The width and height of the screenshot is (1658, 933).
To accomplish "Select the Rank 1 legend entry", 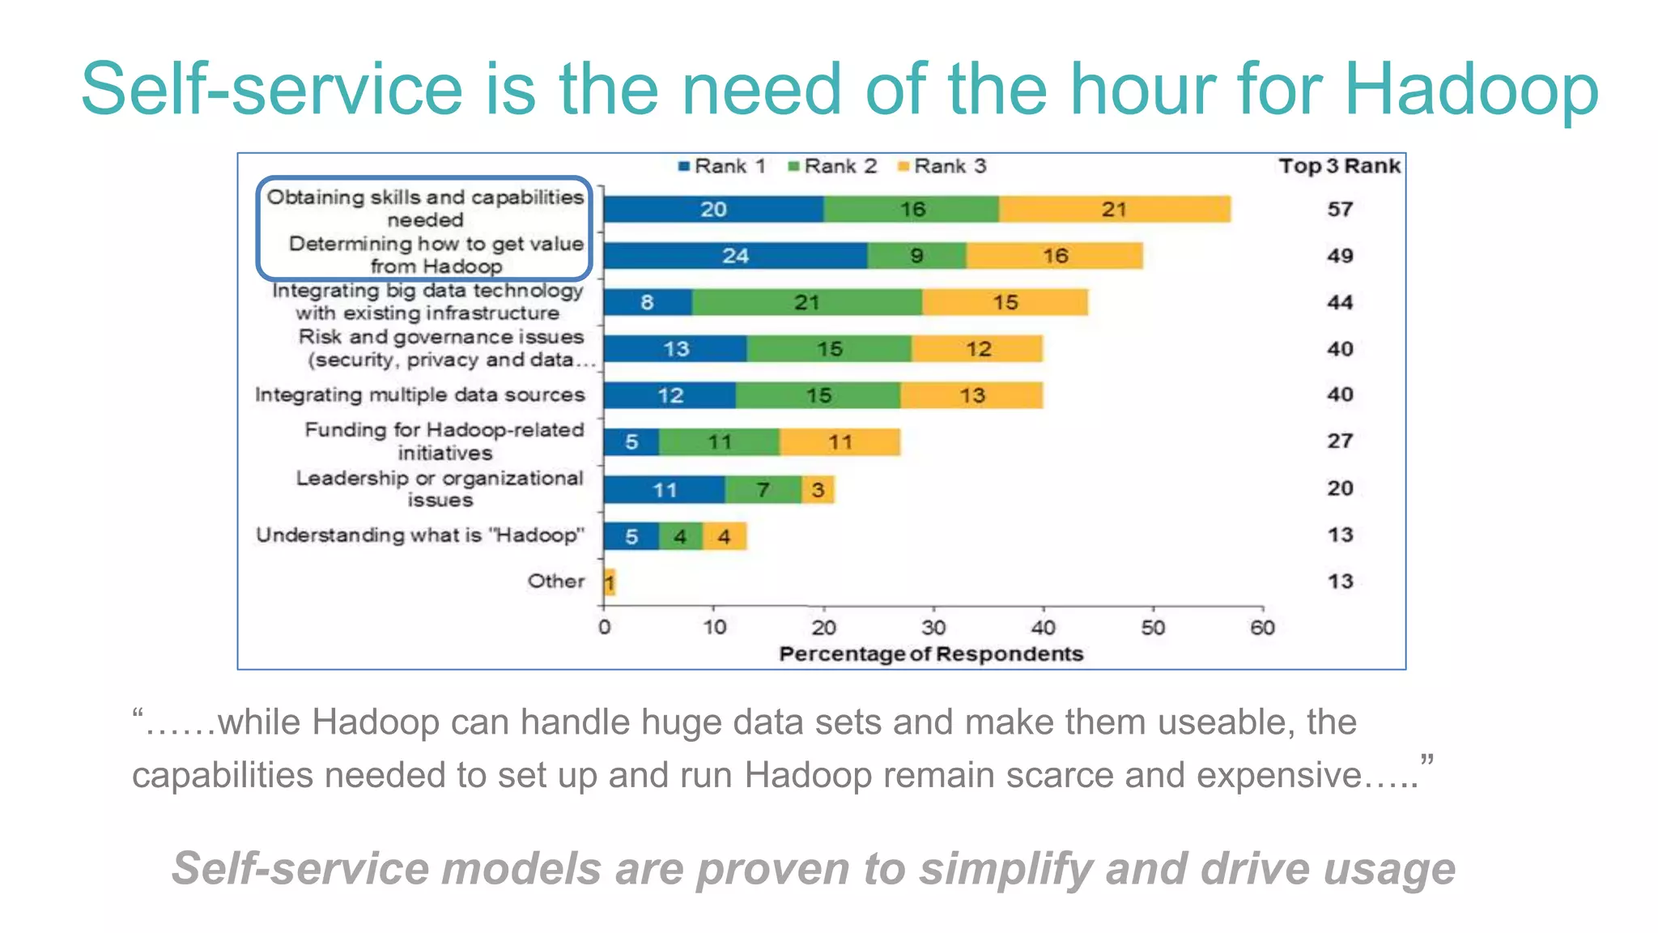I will click(721, 167).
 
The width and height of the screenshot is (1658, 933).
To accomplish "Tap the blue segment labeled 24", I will click(735, 256).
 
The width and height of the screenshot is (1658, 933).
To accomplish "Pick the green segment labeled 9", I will click(916, 256).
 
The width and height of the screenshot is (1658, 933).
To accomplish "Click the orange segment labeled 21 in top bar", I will click(1114, 210).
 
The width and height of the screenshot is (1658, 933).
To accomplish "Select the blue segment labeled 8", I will click(648, 303).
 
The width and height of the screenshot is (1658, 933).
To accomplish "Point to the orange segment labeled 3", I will click(818, 490).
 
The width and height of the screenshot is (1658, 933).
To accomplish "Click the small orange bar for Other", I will click(610, 582).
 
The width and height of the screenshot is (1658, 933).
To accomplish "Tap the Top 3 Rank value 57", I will click(1340, 210).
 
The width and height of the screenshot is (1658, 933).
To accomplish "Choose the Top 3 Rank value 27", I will click(1340, 441).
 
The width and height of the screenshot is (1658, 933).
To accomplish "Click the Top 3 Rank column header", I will click(1339, 166).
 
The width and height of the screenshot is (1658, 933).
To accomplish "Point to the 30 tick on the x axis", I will click(933, 628).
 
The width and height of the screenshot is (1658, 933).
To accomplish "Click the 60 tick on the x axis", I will click(1262, 628).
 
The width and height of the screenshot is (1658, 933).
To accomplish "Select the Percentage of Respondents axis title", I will click(931, 654).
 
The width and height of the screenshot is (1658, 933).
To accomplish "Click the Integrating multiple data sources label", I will click(419, 395).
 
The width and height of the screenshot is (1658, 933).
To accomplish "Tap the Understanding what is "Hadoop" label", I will click(419, 535).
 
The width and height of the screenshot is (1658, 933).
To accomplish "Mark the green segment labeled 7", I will click(763, 490).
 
